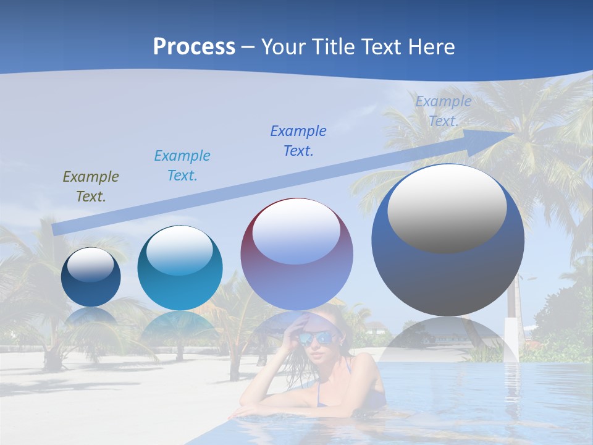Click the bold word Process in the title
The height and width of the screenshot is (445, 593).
pyautogui.click(x=194, y=47)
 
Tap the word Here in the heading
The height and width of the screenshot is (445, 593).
pyautogui.click(x=431, y=47)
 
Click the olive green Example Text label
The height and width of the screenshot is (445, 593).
pyautogui.click(x=91, y=187)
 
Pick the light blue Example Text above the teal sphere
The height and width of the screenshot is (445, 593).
pyautogui.click(x=182, y=166)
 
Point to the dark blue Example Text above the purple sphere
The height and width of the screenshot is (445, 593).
pyautogui.click(x=298, y=141)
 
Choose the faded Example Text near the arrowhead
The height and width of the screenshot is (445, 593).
pyautogui.click(x=443, y=111)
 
